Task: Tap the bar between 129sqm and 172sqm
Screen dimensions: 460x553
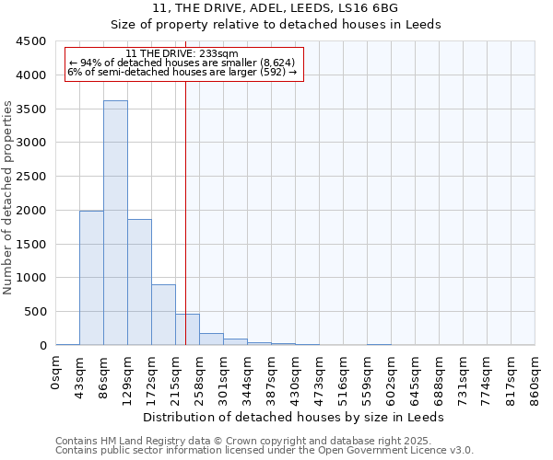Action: tap(139, 282)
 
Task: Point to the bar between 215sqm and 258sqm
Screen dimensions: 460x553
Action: tap(187, 329)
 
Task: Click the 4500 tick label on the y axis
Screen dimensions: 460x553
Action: tap(30, 41)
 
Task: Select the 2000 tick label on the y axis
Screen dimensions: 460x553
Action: tap(30, 211)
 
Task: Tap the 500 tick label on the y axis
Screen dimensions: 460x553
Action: tap(34, 312)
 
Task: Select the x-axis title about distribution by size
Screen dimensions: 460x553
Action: tap(295, 417)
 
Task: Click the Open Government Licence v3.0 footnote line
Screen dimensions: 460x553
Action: tap(265, 451)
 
